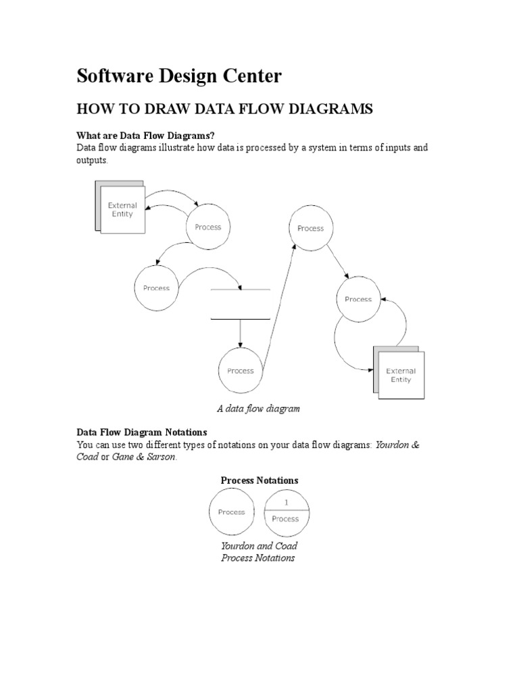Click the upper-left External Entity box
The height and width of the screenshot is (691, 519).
pyautogui.click(x=122, y=210)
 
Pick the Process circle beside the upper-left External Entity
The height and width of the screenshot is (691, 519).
pyautogui.click(x=207, y=227)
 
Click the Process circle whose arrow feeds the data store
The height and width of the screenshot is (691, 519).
pyautogui.click(x=156, y=288)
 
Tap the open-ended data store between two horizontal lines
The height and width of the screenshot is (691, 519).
pyautogui.click(x=241, y=304)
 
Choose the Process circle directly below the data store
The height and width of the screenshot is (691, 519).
pyautogui.click(x=241, y=370)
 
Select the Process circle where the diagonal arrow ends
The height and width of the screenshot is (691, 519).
pyautogui.click(x=311, y=229)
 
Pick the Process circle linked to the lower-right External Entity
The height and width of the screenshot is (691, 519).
pyautogui.click(x=358, y=299)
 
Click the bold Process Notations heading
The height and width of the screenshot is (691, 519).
pyautogui.click(x=259, y=480)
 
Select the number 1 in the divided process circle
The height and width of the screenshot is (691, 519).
pyautogui.click(x=285, y=503)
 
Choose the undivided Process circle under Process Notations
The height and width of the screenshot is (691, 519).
pyautogui.click(x=231, y=512)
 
